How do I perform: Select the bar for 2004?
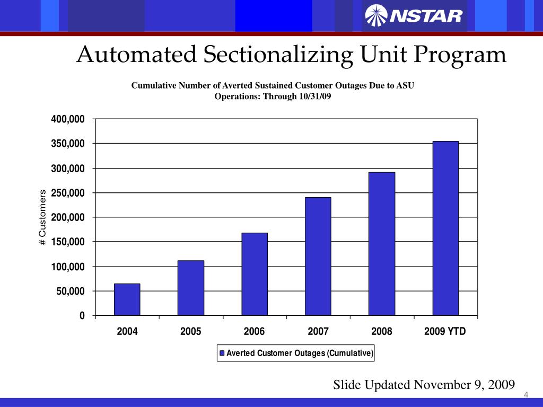click(127, 299)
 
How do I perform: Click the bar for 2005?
click(191, 288)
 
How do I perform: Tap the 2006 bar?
click(255, 274)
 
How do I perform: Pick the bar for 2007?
click(318, 256)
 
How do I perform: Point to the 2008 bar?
click(382, 244)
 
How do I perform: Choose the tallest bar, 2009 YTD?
click(445, 228)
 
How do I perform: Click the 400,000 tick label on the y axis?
click(67, 119)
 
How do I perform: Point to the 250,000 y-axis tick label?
click(67, 193)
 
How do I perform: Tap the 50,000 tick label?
click(70, 291)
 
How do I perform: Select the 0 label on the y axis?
click(82, 316)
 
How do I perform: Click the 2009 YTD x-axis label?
click(445, 332)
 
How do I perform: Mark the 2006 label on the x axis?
click(255, 332)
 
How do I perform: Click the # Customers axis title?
click(43, 217)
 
